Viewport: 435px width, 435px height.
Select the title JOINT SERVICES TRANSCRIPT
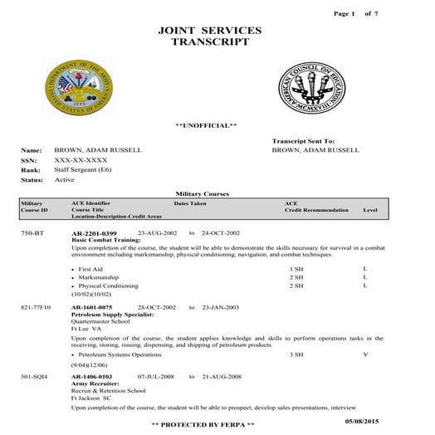209,36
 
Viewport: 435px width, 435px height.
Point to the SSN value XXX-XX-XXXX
81,159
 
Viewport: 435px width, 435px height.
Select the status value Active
64,179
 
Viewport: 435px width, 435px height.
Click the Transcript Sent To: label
303,142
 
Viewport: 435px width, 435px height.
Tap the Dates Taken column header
190,203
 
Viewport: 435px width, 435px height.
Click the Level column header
370,210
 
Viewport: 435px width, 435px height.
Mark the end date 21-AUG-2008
221,376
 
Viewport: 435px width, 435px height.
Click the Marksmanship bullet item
99,277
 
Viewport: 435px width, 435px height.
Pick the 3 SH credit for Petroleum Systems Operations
296,354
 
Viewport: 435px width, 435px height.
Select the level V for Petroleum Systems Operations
365,354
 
